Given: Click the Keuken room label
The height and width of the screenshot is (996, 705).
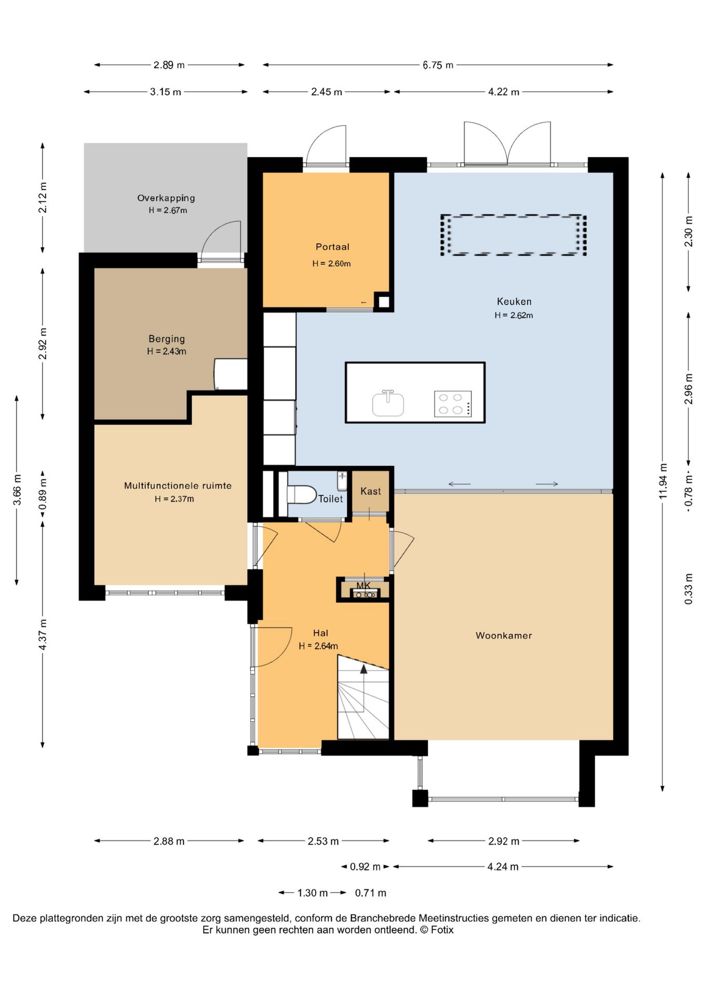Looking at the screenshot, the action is pos(514,301).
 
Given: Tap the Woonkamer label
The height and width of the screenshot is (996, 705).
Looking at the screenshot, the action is pos(504,635).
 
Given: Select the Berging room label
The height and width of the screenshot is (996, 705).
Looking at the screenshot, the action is pos(167,339).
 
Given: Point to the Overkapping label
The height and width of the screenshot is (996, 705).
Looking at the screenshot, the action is pos(166,198).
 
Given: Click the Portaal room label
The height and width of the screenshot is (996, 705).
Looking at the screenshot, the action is pos(332,247).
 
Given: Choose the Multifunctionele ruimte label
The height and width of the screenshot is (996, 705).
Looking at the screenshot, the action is pos(178,486).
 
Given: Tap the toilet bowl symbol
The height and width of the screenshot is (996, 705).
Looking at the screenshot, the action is pos(302,494).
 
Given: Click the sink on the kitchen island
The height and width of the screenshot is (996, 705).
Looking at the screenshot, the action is pos(388,404).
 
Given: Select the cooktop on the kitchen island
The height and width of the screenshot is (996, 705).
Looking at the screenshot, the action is pos(453,404).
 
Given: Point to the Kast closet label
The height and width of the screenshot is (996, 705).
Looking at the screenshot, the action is pos(371,491).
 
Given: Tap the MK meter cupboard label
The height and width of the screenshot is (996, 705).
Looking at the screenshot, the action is pos(363,586).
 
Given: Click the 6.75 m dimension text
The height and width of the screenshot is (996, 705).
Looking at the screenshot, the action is pos(438,65).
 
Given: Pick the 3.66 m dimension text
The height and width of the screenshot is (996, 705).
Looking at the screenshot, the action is pos(17,490).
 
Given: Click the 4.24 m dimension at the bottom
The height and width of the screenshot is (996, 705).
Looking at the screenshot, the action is pos(503,866).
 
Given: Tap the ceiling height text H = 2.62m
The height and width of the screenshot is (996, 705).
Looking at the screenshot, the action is pos(513,315).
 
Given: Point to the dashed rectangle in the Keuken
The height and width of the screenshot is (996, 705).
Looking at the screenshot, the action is pos(513,235).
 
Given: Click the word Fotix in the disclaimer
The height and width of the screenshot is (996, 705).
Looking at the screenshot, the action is pos(442,930).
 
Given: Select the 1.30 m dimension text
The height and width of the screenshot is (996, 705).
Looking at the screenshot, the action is pos(313,893).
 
